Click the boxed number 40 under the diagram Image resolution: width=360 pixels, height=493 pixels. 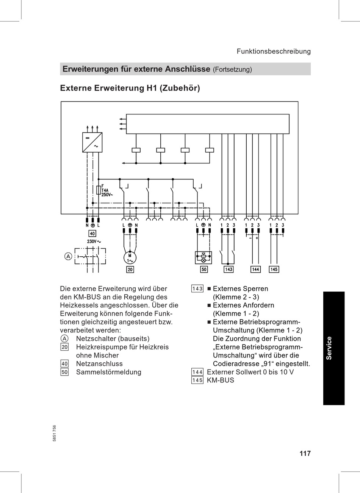(x=92, y=234)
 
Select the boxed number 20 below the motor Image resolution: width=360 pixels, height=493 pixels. (x=130, y=269)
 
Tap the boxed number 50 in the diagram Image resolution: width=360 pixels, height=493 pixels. (x=204, y=269)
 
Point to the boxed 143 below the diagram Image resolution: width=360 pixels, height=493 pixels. (x=228, y=269)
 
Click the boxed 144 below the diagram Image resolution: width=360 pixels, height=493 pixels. (x=255, y=269)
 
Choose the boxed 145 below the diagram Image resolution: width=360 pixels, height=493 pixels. (x=274, y=269)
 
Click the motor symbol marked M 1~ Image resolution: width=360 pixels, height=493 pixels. (x=130, y=258)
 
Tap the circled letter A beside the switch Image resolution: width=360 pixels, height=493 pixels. (x=68, y=256)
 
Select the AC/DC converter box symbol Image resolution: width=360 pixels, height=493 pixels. (x=92, y=142)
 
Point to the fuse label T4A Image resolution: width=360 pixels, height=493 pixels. (x=105, y=190)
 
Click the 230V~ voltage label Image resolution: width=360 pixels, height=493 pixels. (x=94, y=242)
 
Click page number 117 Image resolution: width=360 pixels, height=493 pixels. (x=305, y=453)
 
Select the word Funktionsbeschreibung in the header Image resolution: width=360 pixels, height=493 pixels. (x=274, y=51)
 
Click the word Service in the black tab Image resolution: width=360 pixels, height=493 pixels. (x=329, y=348)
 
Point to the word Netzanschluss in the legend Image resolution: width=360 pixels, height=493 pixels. (x=99, y=364)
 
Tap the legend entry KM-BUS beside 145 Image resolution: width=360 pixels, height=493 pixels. (x=220, y=380)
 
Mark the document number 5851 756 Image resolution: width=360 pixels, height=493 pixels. (x=55, y=433)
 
